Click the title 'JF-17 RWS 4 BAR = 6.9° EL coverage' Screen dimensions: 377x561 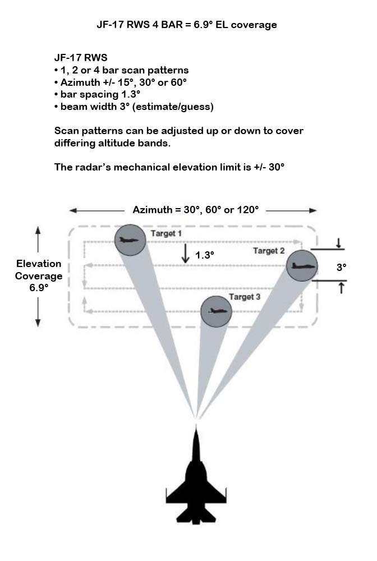(x=187, y=25)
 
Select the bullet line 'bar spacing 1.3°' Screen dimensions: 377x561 (x=97, y=94)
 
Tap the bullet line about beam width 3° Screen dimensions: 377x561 (x=134, y=107)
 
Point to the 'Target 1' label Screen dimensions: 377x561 (x=166, y=233)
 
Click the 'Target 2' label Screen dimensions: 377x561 (x=269, y=251)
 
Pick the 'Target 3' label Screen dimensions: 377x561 (x=245, y=297)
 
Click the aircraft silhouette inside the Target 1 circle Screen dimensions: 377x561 (x=129, y=240)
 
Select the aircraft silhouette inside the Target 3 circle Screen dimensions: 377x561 (x=217, y=311)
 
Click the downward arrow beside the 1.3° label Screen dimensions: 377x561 (x=185, y=254)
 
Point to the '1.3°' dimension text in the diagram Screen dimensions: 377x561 (x=205, y=255)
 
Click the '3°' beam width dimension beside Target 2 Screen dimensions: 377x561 (x=341, y=267)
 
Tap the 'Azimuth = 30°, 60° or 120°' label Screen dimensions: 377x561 (x=196, y=210)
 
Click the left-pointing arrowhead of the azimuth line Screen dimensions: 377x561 (x=73, y=211)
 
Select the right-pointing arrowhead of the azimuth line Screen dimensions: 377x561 (x=312, y=211)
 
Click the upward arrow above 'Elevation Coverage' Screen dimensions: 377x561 (x=38, y=239)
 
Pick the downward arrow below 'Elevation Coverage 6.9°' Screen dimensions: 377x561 (x=38, y=312)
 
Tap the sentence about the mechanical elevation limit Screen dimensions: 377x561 (x=169, y=167)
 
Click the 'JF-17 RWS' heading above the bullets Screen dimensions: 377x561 (x=81, y=58)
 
